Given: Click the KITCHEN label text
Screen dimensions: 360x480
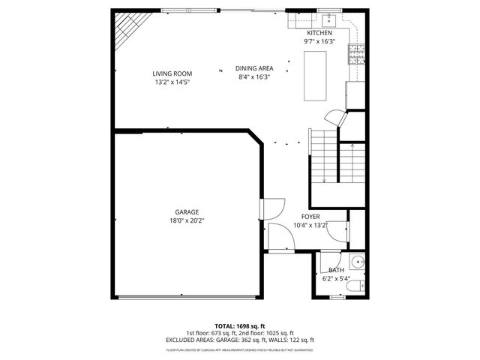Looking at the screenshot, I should (319, 34).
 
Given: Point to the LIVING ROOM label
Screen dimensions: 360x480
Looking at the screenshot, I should (172, 73).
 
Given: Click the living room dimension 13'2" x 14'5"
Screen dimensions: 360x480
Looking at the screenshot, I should (172, 82).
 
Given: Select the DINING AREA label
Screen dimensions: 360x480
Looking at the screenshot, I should (253, 67).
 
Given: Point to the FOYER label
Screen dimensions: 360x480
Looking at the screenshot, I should (310, 217).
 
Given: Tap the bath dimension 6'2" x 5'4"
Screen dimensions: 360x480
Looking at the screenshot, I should (336, 278).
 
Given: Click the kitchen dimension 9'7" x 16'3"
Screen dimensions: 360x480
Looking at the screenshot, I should (319, 42).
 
